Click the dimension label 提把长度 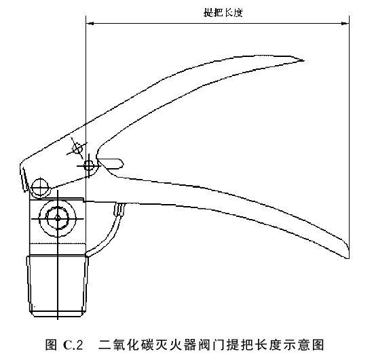click(223, 13)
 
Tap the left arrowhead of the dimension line click(90, 23)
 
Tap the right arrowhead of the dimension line click(345, 23)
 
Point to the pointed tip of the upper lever click(303, 60)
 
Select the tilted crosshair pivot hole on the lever click(77, 149)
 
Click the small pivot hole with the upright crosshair click(89, 165)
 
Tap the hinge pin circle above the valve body click(40, 187)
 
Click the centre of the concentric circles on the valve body click(58, 218)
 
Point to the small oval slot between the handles click(111, 163)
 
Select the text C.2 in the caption click(73, 345)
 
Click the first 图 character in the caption click(51, 345)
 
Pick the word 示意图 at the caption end click(303, 345)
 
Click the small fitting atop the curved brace click(119, 209)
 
